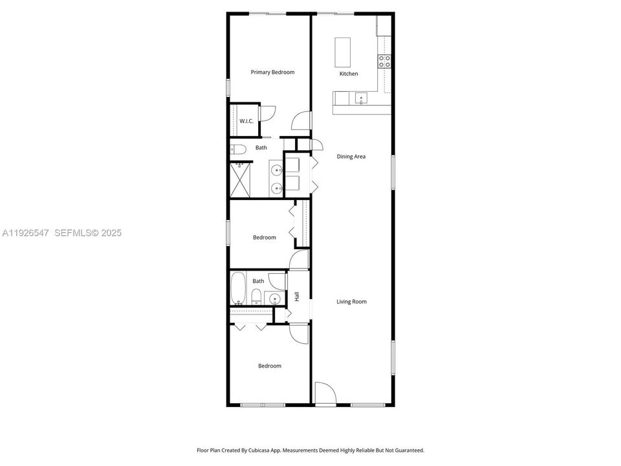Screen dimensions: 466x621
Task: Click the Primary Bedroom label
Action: click(272, 72)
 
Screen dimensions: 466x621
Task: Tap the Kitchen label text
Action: click(349, 74)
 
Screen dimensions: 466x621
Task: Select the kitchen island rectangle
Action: click(343, 52)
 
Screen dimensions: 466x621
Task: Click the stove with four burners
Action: click(384, 61)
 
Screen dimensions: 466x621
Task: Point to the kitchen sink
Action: click(361, 98)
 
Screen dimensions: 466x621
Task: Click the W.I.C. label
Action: click(246, 121)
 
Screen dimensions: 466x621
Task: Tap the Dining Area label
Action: click(351, 157)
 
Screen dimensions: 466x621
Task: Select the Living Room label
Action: click(351, 302)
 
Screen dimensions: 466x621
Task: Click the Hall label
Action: click(297, 296)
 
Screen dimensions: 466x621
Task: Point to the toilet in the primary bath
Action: click(238, 150)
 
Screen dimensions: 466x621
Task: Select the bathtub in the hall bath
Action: click(237, 288)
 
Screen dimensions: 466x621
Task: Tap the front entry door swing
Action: click(324, 394)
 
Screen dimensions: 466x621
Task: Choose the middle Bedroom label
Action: click(264, 238)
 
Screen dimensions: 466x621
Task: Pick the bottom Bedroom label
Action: click(270, 366)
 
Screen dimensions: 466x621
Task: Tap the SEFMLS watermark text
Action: click(74, 233)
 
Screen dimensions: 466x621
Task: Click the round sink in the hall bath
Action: click(275, 298)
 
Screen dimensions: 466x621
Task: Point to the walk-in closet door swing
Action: click(267, 112)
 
